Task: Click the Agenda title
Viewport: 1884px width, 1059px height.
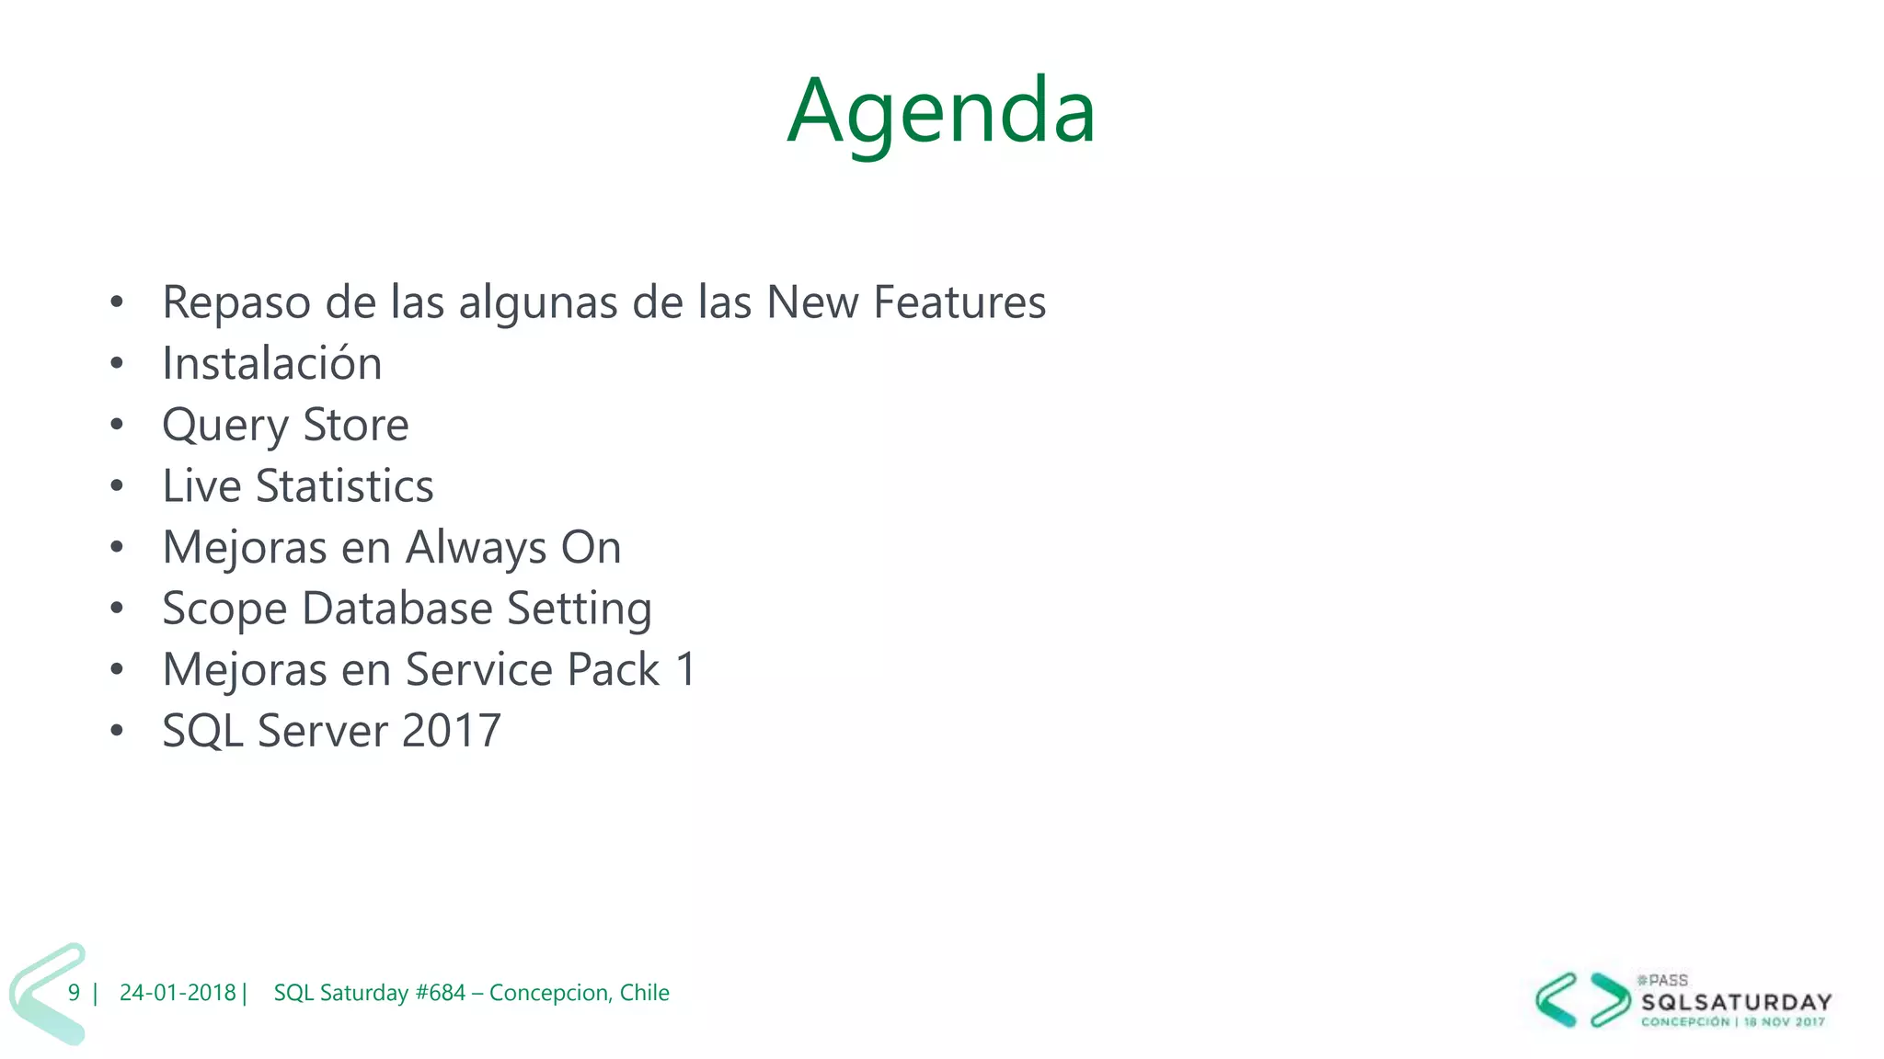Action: (941, 112)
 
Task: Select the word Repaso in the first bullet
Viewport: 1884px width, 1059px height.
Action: (235, 303)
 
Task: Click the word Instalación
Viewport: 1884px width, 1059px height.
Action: (271, 363)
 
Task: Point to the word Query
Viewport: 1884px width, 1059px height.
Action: (224, 426)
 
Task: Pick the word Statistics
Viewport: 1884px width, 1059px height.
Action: (344, 486)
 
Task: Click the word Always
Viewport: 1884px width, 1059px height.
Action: (476, 549)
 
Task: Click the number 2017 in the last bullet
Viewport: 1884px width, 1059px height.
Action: (451, 731)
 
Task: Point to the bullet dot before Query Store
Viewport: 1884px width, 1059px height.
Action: (116, 425)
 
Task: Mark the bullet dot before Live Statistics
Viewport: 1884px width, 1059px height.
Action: (116, 486)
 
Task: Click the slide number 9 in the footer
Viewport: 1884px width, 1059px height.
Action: (74, 993)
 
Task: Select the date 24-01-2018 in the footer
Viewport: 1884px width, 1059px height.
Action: (178, 993)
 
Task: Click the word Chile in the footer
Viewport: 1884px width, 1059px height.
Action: (644, 993)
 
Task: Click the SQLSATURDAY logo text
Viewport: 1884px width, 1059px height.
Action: (1736, 1002)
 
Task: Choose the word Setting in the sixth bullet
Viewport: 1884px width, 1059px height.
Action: (580, 609)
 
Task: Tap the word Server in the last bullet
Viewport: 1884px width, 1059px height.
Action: (323, 731)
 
